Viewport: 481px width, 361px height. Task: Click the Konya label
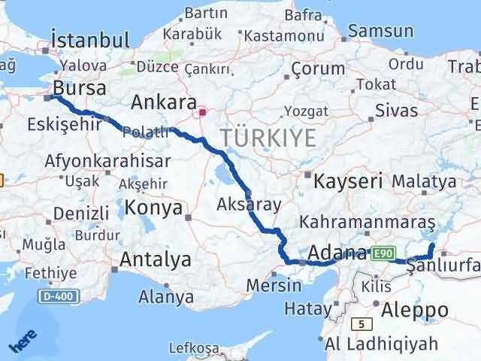[153, 208]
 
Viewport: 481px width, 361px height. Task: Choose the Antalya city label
[156, 260]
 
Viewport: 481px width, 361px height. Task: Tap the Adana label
[338, 253]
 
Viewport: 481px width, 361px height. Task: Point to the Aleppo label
[414, 309]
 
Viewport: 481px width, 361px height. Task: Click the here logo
[22, 342]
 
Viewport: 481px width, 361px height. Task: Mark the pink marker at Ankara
[201, 113]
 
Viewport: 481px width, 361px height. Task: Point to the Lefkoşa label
[194, 347]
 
